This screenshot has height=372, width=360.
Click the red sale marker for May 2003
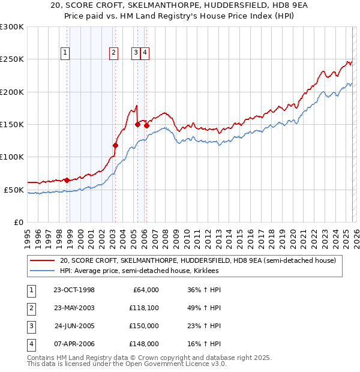[116, 145]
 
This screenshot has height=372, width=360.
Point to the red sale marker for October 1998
[67, 180]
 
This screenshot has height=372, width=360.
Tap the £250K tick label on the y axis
[12, 59]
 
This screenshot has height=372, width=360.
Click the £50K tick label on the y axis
[14, 190]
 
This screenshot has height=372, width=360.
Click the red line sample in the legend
[43, 261]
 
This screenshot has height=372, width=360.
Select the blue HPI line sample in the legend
[43, 271]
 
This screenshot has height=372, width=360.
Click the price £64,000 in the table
[146, 290]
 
